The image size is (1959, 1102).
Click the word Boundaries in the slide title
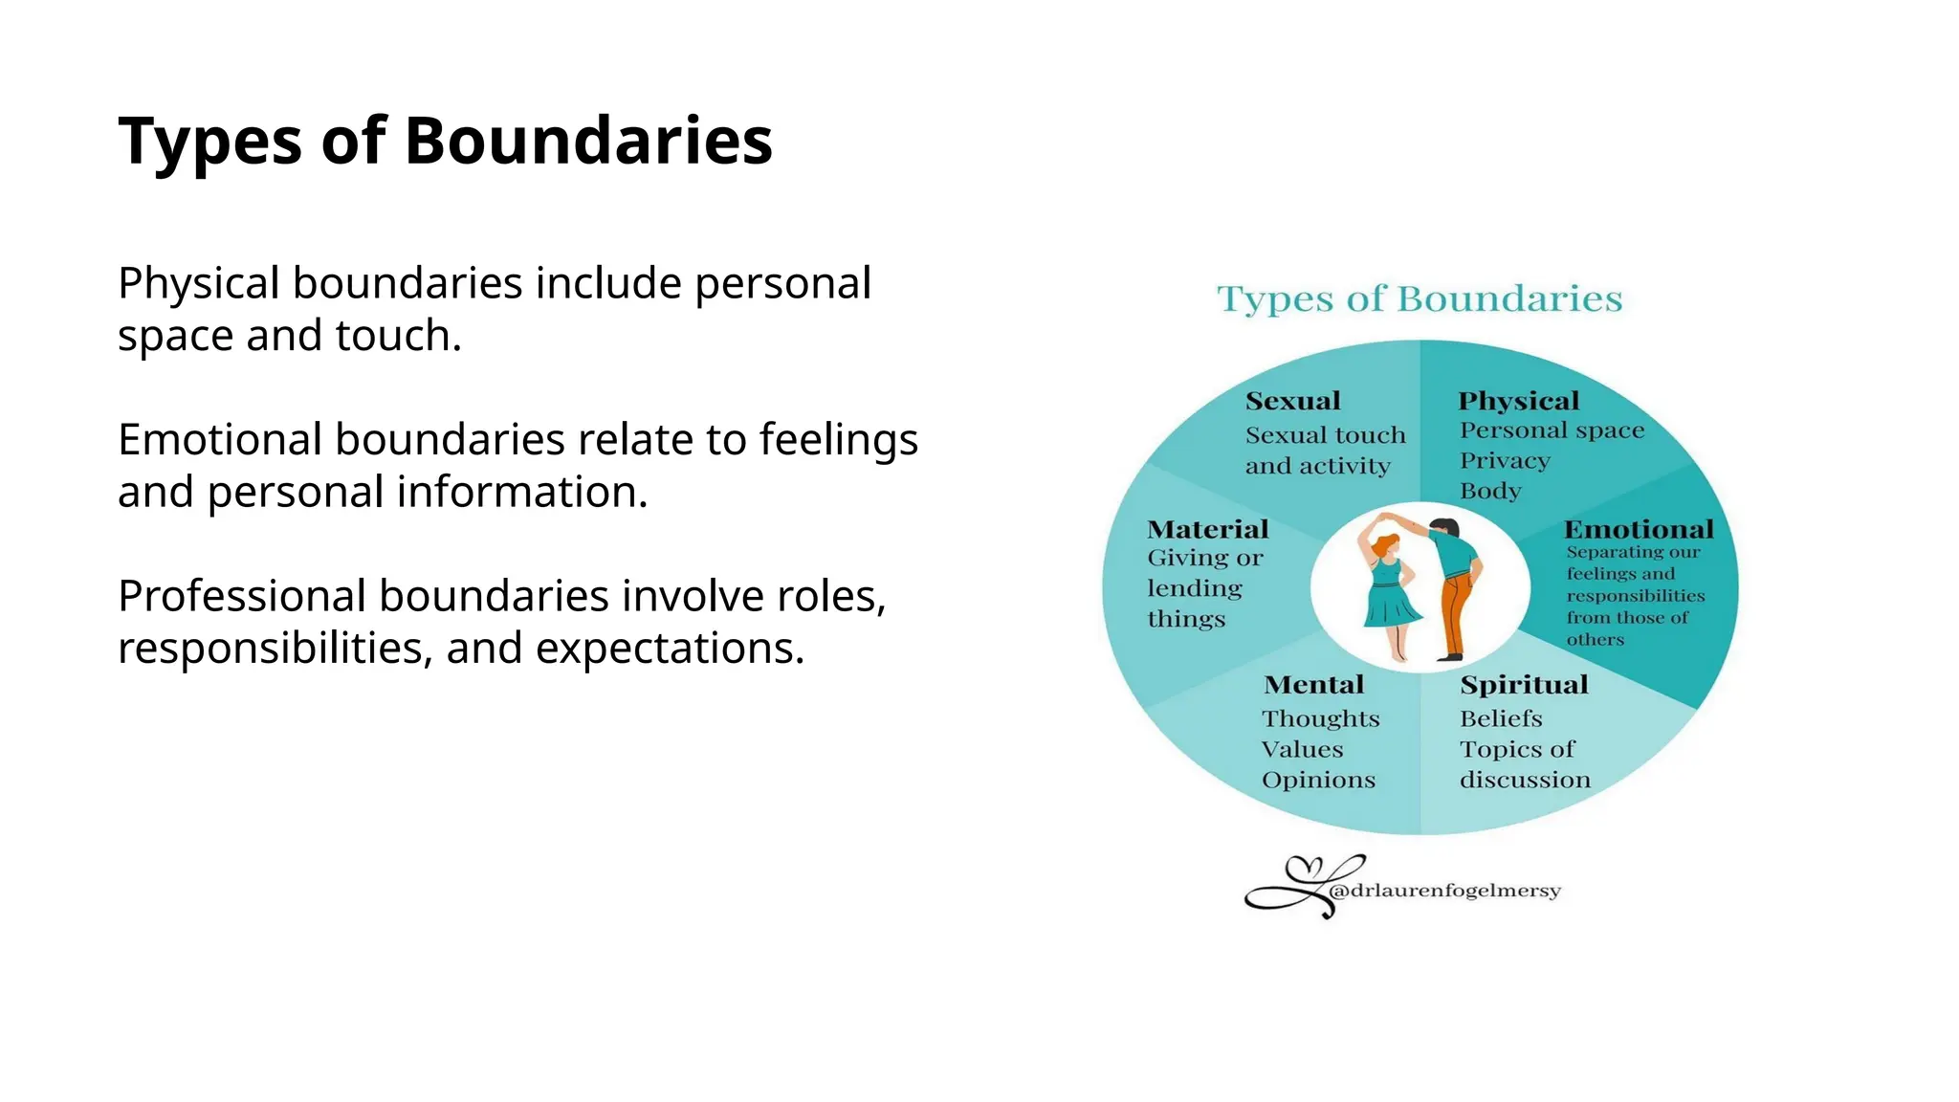point(587,141)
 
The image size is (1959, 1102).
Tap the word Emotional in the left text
point(220,440)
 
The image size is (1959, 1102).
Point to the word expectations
point(669,649)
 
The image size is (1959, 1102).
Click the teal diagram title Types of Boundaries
point(1419,299)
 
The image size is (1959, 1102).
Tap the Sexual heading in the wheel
point(1292,401)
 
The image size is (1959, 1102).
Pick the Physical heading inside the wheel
point(1518,401)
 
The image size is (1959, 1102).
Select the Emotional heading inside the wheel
point(1638,529)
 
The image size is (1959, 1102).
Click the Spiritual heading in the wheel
point(1523,685)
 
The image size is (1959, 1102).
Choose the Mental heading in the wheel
point(1313,685)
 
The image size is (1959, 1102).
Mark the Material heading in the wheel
point(1207,529)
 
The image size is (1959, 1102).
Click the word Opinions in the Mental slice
point(1318,781)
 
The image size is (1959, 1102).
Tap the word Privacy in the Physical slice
point(1504,461)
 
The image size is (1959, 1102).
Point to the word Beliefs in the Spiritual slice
point(1500,718)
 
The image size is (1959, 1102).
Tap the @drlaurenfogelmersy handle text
point(1444,891)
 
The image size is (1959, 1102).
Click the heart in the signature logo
point(1303,869)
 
